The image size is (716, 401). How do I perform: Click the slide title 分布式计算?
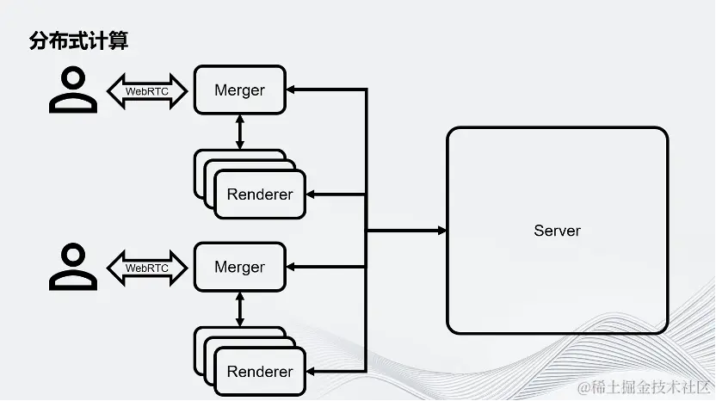[x=78, y=40]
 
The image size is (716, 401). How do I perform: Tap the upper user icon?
[x=73, y=89]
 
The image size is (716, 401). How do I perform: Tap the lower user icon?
[x=73, y=267]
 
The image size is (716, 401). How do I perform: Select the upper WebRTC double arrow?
[x=147, y=91]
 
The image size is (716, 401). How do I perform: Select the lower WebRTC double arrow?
[x=147, y=268]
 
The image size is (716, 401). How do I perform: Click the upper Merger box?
[x=240, y=90]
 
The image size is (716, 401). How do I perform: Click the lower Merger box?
[x=240, y=267]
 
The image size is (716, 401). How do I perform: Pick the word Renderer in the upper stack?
[x=260, y=194]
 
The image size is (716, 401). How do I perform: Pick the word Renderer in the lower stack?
[x=260, y=372]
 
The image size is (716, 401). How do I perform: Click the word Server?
[x=557, y=231]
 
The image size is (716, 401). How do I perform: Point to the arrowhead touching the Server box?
[x=442, y=231]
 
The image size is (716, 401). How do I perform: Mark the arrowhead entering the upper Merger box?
[x=291, y=89]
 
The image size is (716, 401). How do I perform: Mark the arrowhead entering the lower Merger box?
[x=291, y=267]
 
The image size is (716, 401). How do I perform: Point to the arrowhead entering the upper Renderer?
[x=311, y=194]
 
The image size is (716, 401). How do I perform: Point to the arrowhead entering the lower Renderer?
[x=311, y=372]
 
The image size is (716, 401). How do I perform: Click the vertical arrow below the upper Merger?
[x=240, y=132]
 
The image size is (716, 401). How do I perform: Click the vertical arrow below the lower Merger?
[x=240, y=309]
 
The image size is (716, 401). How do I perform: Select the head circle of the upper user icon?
[x=73, y=77]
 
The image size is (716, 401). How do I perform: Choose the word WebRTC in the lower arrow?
[x=147, y=268]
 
